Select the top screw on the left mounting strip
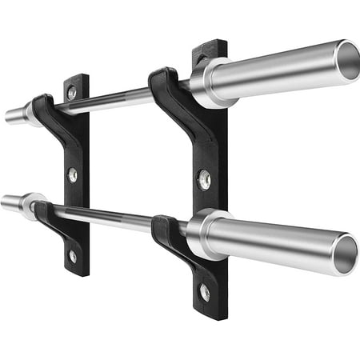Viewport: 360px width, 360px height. [73, 94]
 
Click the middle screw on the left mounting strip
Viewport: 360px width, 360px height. [73, 174]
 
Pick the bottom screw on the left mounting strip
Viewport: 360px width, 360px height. [74, 256]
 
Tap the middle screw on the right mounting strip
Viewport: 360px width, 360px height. [205, 180]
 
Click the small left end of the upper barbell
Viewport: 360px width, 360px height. [14, 115]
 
